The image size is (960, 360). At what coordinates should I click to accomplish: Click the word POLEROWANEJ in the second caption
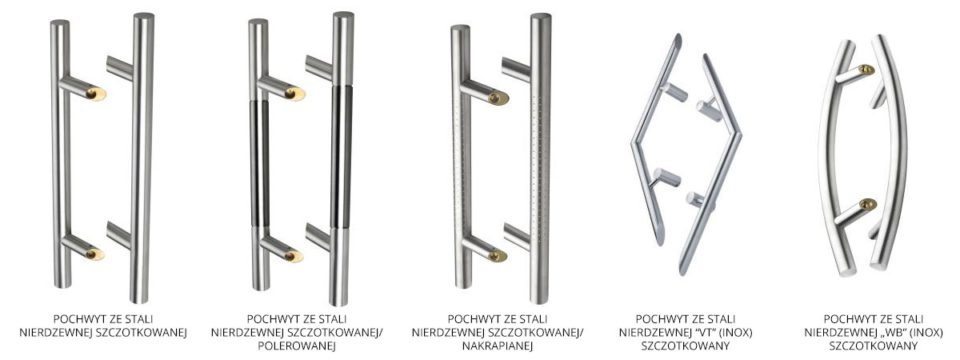[297, 346]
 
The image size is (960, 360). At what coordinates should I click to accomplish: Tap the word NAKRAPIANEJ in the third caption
[497, 346]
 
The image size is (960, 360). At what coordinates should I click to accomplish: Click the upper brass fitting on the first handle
[95, 94]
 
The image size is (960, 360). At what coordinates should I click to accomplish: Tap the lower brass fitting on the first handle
[94, 254]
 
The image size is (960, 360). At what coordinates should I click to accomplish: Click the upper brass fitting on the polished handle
[295, 94]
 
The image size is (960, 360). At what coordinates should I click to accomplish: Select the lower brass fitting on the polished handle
[294, 256]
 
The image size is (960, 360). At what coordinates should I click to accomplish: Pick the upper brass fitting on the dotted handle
[498, 98]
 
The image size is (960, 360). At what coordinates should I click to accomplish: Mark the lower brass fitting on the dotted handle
[498, 256]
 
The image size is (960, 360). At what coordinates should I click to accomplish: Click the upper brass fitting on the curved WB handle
[866, 70]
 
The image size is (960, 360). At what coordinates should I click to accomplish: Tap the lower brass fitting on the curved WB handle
[868, 205]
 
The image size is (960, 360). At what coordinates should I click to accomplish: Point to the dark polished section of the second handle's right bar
[342, 157]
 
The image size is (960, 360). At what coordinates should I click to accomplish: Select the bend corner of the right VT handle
[738, 136]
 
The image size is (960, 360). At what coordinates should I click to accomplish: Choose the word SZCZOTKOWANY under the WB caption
[874, 346]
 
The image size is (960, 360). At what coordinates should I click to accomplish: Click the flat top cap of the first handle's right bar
[144, 16]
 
